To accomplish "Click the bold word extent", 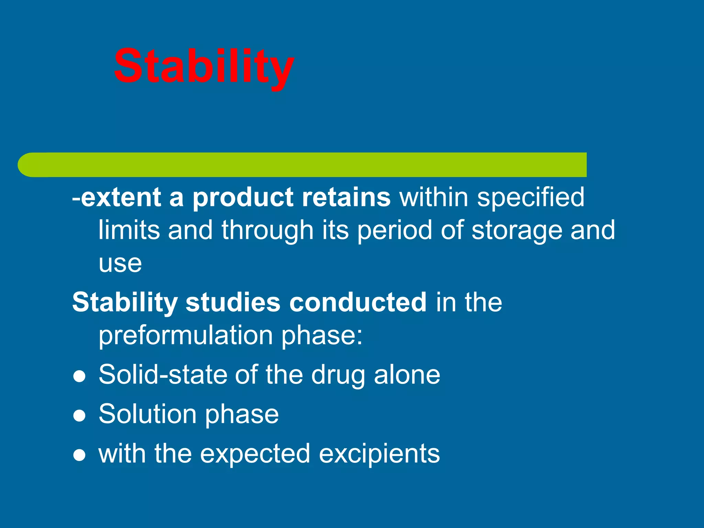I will [x=121, y=197].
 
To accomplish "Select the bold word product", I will [x=243, y=198].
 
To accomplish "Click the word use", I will [x=120, y=264].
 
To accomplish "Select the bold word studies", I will [x=233, y=302].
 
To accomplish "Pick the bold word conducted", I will [x=358, y=302].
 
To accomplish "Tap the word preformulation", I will [x=186, y=335].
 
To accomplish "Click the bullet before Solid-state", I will [x=79, y=376].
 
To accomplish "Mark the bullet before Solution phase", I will [x=79, y=416].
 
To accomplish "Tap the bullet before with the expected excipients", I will [x=79, y=455].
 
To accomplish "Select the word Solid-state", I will [x=163, y=374].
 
